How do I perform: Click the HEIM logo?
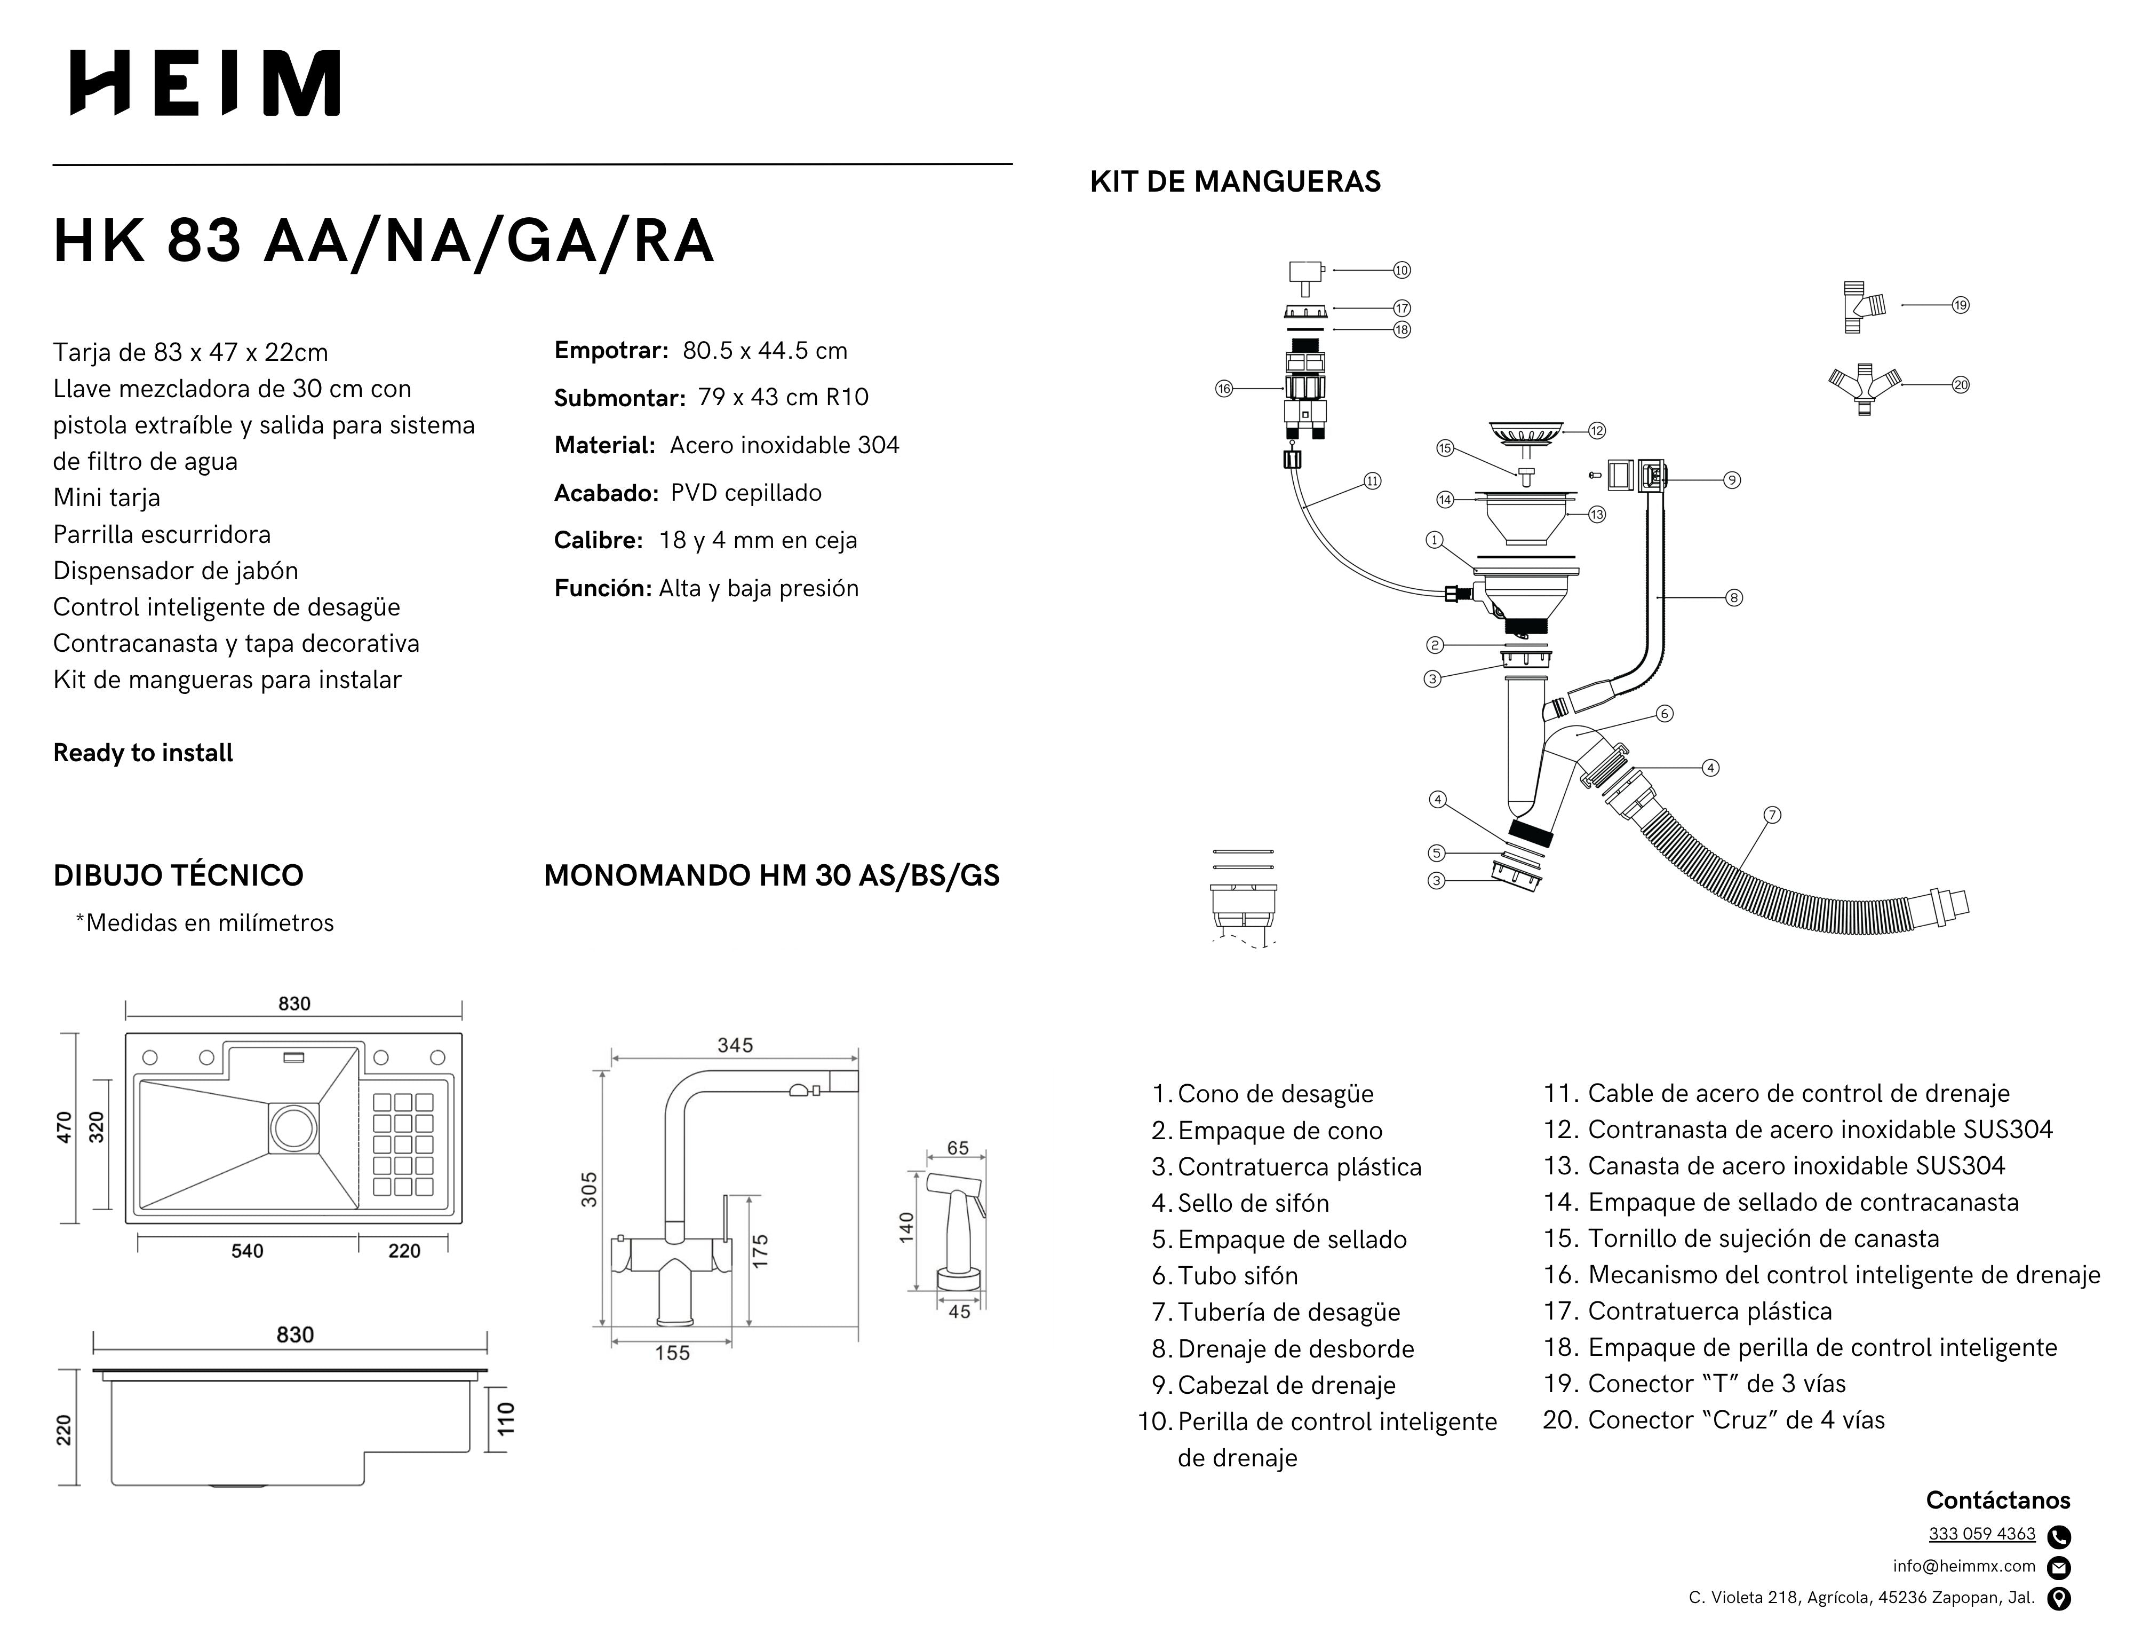tap(205, 83)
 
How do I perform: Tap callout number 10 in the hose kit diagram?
tap(1401, 270)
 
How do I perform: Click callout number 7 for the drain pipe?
tap(1772, 814)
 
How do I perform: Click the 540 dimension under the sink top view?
tap(247, 1251)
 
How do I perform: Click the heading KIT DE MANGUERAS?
tap(1235, 182)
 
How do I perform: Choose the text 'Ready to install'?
tap(142, 753)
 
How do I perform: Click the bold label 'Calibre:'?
tap(598, 541)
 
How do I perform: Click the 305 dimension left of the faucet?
tap(589, 1190)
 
